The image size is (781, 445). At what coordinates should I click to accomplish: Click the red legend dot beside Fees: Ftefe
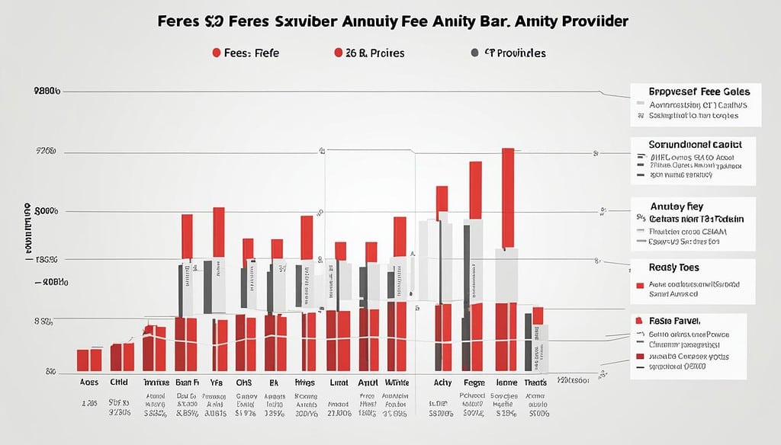(217, 53)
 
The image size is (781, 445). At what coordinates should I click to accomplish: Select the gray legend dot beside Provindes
(475, 53)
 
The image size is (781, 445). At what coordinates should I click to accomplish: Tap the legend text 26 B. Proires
(374, 53)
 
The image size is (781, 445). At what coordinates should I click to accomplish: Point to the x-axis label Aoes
(89, 383)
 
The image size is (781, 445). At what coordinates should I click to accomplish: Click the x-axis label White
(397, 383)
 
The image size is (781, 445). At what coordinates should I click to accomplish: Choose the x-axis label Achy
(442, 383)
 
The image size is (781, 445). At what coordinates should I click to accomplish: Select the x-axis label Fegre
(474, 383)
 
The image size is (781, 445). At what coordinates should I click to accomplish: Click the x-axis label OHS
(244, 383)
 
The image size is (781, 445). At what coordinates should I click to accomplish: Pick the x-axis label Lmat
(337, 383)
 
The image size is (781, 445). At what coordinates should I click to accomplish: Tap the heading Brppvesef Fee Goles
(694, 90)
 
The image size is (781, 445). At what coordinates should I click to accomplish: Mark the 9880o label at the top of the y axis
(47, 91)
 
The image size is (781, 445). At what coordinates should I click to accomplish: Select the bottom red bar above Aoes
(89, 360)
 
